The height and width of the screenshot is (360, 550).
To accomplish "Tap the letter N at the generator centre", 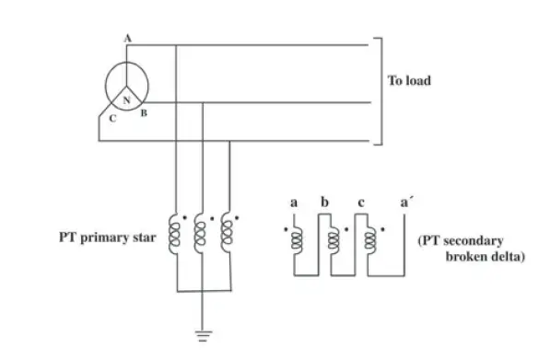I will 126,96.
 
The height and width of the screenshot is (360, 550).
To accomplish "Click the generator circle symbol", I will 126,85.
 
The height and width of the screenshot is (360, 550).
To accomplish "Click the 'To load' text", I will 408,81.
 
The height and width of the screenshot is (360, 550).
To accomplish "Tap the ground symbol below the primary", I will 202,333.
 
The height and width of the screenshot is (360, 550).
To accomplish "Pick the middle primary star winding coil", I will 202,237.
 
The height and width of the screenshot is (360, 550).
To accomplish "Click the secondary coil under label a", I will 296,238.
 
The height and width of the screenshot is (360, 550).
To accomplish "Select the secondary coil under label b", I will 333,238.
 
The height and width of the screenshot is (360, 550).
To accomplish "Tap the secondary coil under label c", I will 369,238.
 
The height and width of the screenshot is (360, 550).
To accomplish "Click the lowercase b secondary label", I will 323,202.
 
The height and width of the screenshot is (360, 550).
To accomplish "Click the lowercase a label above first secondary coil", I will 293,203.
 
